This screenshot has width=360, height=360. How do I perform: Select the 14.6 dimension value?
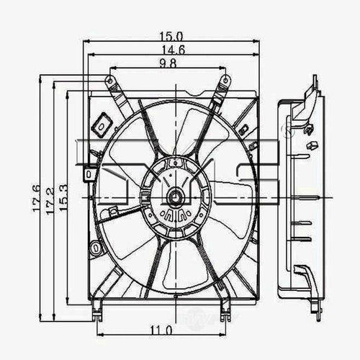(x=171, y=50)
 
